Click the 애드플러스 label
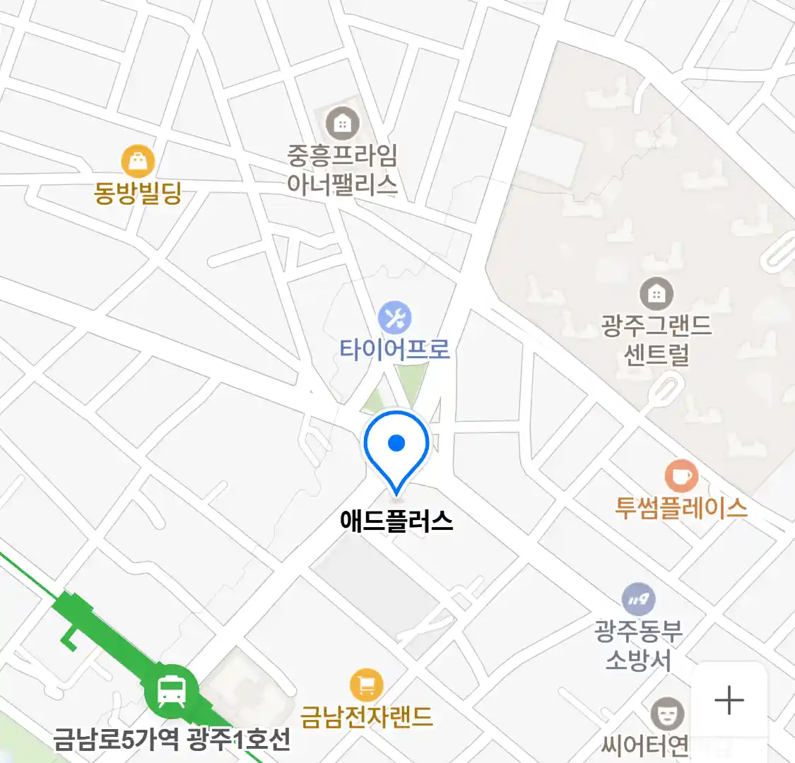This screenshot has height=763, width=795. [396, 521]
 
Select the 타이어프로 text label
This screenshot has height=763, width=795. [394, 349]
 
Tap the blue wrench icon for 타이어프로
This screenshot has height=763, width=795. [394, 318]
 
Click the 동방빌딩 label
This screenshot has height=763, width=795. [139, 192]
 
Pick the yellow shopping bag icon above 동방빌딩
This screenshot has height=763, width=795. [138, 162]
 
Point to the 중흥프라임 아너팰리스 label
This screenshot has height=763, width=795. [342, 170]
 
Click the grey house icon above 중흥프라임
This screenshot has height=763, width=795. [343, 124]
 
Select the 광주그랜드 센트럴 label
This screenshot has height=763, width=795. [656, 340]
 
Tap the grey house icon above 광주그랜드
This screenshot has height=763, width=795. [656, 294]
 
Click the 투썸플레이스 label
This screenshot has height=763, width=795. [681, 508]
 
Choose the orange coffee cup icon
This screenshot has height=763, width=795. [681, 476]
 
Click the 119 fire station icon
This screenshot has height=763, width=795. [639, 600]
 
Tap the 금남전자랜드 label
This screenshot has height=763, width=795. [366, 717]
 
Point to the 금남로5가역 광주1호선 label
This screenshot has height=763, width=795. [172, 740]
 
